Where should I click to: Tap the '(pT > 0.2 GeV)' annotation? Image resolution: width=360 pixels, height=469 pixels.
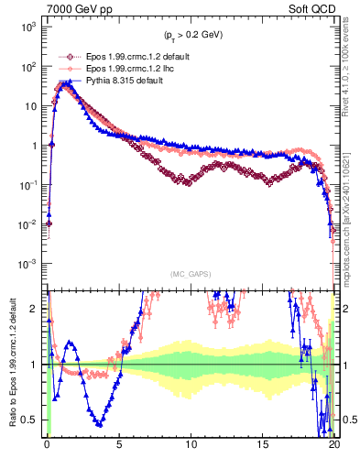tap(190, 36)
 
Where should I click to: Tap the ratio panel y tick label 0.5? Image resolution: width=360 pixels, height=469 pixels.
tap(33, 420)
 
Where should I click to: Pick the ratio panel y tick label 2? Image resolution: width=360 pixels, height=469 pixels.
tap(38, 309)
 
